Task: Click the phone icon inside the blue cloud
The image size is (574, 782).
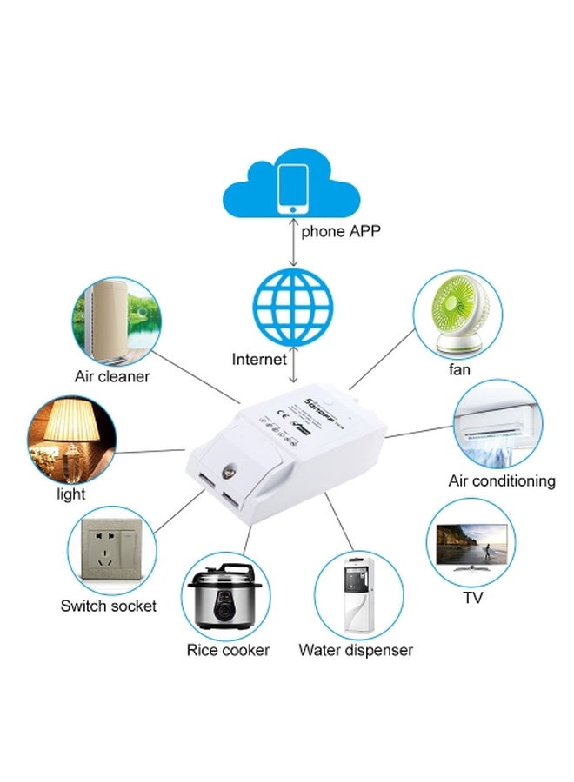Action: pos(293,188)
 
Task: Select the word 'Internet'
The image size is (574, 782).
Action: pos(258,359)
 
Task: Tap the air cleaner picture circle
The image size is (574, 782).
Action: pos(116,319)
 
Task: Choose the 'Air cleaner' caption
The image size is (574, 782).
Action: pos(112,376)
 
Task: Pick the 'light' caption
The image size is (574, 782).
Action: pos(71,494)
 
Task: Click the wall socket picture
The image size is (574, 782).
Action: pos(111,549)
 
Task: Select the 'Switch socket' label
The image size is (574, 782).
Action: pos(109,606)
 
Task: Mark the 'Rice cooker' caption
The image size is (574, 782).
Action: pos(228,650)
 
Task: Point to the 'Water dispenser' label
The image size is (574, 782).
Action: pos(356,650)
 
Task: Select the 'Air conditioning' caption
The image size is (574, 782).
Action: pos(502,480)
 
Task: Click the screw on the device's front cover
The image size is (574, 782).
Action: pos(232,454)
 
